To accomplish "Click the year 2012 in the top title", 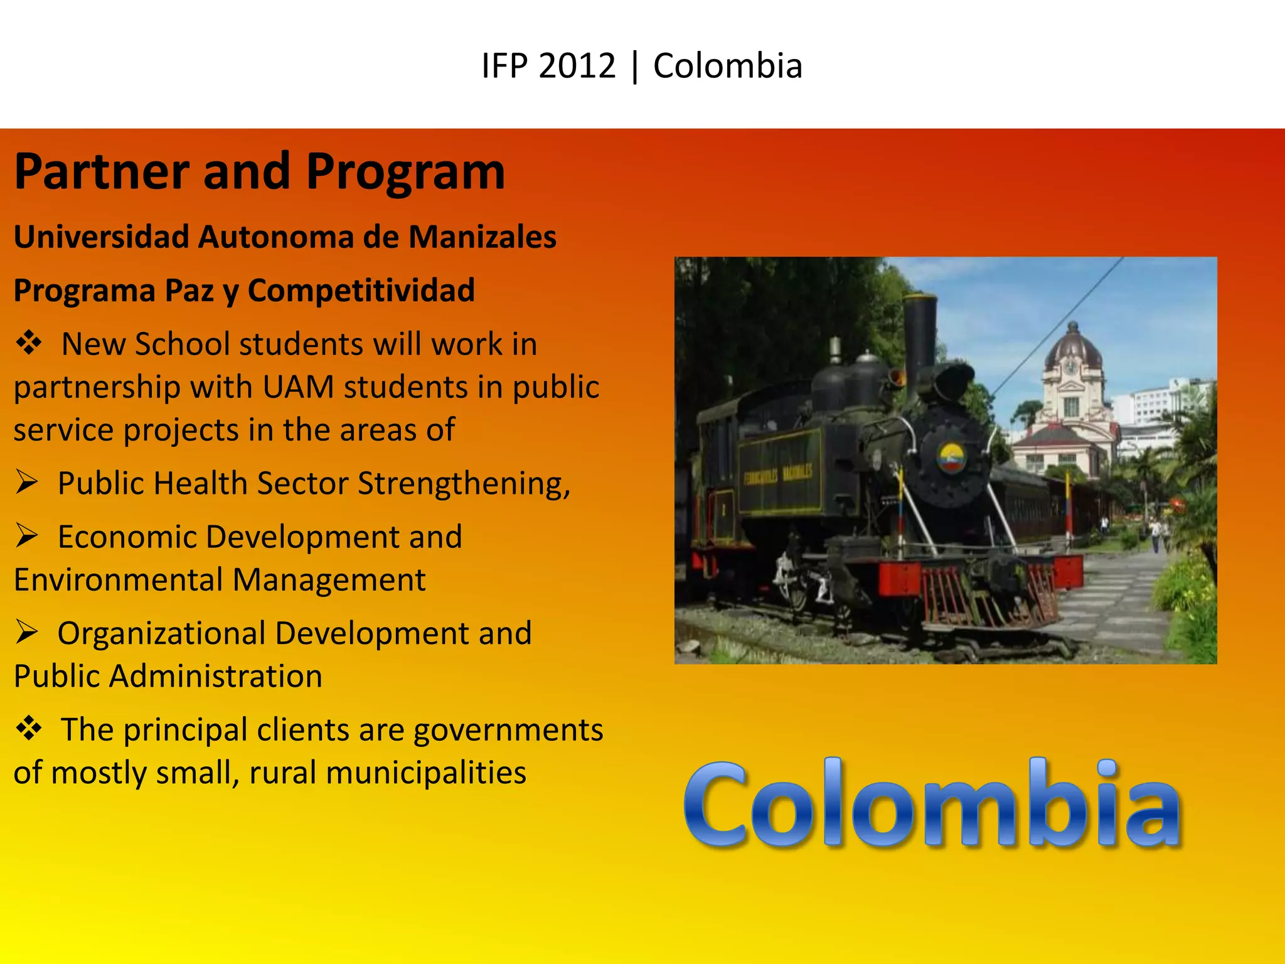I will click(577, 66).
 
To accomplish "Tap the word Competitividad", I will click(361, 291).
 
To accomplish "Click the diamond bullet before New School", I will click(29, 343).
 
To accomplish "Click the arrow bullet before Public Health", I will click(27, 483).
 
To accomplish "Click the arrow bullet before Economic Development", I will click(27, 536).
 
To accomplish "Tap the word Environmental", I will click(115, 579).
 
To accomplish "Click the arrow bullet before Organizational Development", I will click(27, 632).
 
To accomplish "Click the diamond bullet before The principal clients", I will click(29, 729).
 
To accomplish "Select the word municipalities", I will click(426, 773).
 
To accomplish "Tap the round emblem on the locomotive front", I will click(951, 458).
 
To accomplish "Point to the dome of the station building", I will click(1073, 348).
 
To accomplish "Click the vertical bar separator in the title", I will click(635, 66).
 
